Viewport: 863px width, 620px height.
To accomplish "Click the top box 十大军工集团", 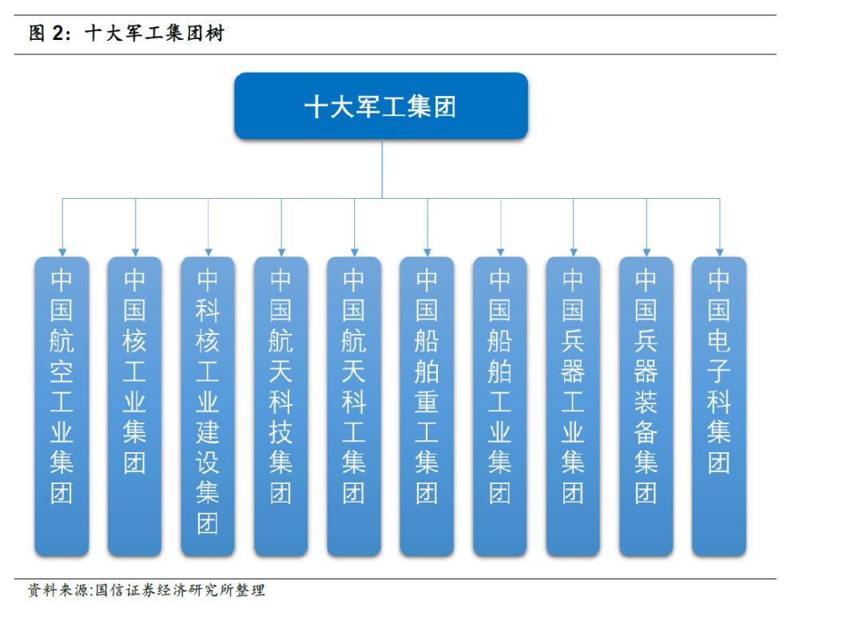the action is pyautogui.click(x=381, y=105).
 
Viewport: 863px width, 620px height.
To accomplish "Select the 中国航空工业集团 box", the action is pyautogui.click(x=62, y=406).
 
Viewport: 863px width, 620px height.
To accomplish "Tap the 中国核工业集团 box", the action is pyautogui.click(x=135, y=406).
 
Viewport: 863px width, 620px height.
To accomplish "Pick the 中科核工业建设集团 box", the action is pyautogui.click(x=208, y=406).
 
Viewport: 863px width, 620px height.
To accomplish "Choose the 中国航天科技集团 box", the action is pyautogui.click(x=280, y=406).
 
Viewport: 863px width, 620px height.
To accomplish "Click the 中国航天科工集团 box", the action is pyautogui.click(x=354, y=406).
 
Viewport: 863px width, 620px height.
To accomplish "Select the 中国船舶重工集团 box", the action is pyautogui.click(x=427, y=406).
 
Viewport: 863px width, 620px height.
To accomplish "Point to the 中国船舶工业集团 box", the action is pyautogui.click(x=499, y=406).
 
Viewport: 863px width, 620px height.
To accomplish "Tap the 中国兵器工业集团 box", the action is pyautogui.click(x=573, y=406).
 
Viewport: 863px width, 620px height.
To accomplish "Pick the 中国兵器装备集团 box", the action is pyautogui.click(x=646, y=406).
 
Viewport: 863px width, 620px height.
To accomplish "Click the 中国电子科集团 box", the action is pyautogui.click(x=719, y=406).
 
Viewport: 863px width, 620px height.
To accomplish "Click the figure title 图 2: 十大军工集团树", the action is pyautogui.click(x=126, y=33).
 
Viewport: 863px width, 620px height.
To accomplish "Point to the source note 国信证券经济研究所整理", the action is pyautogui.click(x=180, y=590).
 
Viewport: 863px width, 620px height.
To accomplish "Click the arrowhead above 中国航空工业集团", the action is pyautogui.click(x=62, y=252).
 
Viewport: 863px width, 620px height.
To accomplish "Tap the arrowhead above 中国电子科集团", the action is pyautogui.click(x=719, y=252).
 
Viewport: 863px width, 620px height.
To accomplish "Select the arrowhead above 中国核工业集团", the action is pyautogui.click(x=135, y=252).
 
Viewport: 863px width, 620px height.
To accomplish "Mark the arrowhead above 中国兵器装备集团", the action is pyautogui.click(x=646, y=252).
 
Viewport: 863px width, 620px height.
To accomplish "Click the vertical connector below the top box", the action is pyautogui.click(x=382, y=169).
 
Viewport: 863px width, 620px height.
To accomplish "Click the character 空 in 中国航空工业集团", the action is pyautogui.click(x=62, y=372).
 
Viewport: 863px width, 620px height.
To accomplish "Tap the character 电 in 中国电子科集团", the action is pyautogui.click(x=719, y=341).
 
